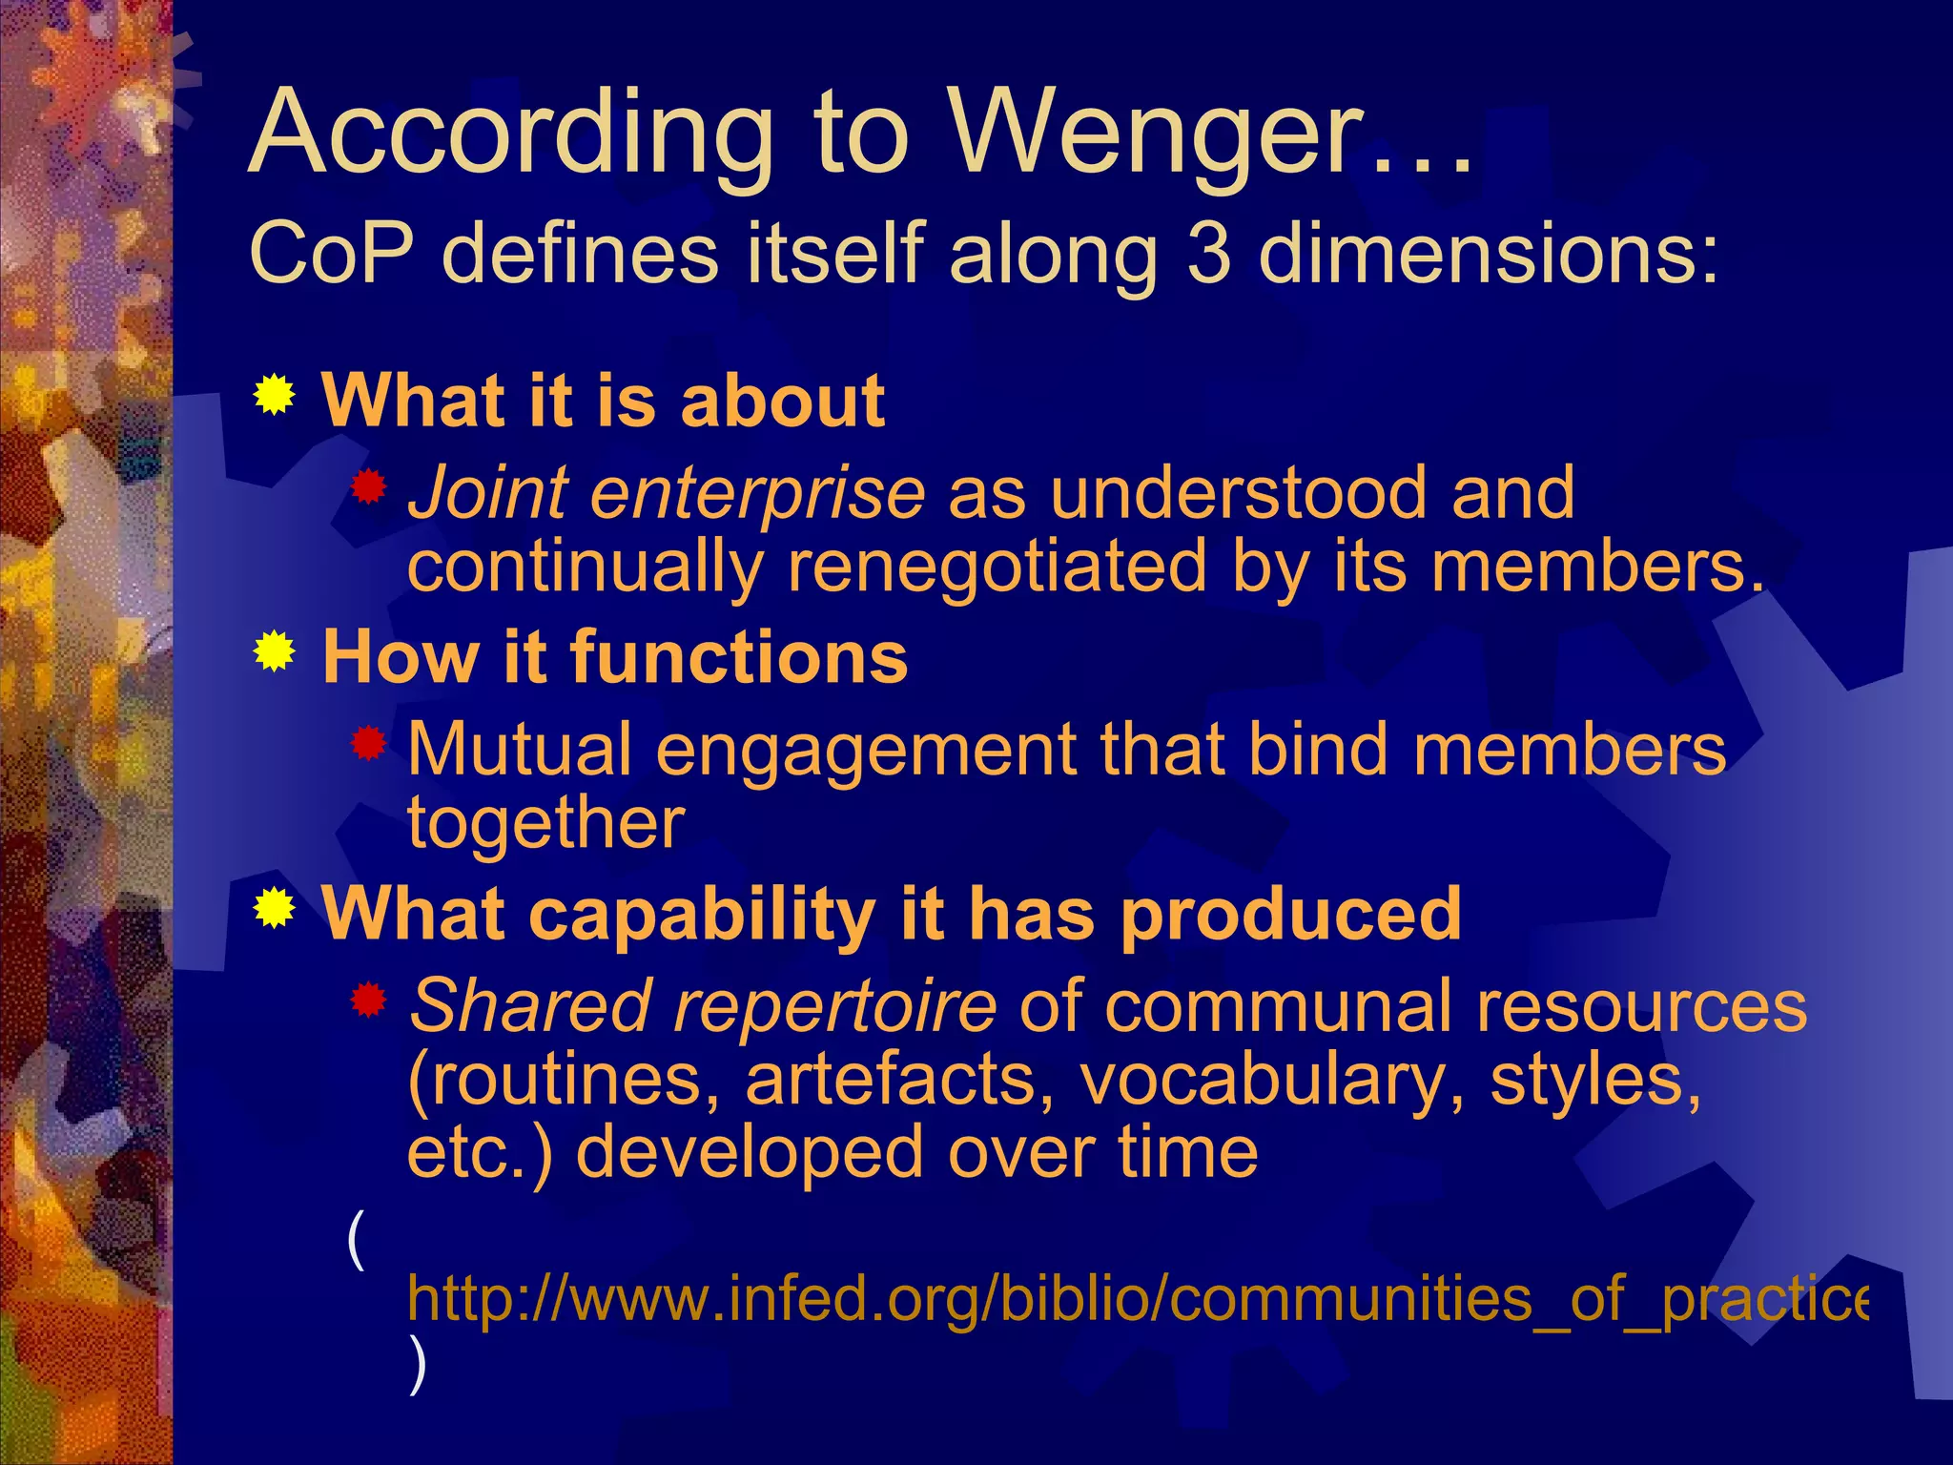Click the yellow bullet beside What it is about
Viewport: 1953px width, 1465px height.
275,395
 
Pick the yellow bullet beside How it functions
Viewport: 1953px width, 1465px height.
275,652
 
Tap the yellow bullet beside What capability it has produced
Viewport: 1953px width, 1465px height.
275,908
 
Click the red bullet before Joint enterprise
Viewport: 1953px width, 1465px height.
367,488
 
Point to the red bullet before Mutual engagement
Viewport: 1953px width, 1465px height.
367,743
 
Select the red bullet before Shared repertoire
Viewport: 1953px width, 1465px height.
367,1001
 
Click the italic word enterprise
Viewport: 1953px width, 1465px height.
757,494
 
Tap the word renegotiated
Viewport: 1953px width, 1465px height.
997,567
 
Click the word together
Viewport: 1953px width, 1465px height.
545,822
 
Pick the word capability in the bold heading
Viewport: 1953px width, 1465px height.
701,914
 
